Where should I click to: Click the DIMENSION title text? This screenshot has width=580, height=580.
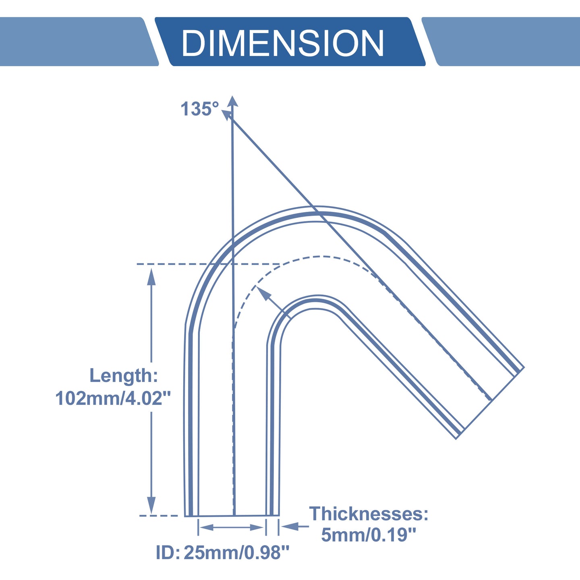283,42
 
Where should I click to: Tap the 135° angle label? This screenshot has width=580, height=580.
199,109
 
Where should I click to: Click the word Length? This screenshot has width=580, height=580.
124,376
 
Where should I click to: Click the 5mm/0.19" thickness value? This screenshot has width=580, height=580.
369,535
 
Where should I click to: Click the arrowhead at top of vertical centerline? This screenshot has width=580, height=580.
232,101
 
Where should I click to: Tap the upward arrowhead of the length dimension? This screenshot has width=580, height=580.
151,277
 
